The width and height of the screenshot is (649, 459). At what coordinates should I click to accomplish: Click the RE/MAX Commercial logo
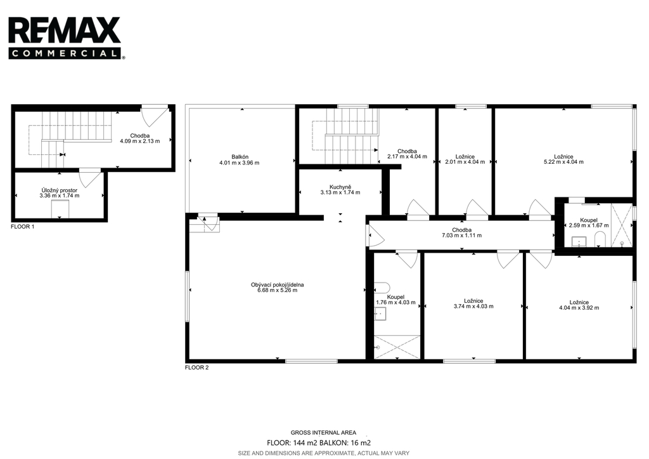[66, 37]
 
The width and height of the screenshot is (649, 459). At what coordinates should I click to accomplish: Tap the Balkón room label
[240, 157]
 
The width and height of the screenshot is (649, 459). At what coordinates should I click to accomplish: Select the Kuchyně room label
[340, 187]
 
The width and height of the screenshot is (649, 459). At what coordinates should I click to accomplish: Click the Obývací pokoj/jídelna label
[278, 285]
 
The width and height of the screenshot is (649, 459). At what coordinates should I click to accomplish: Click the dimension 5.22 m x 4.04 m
[563, 162]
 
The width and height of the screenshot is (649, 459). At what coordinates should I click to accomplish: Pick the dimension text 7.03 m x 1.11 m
[461, 236]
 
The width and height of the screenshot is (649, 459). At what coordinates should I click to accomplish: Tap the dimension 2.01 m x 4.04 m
[465, 162]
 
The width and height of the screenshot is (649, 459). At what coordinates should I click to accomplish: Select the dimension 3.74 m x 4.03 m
[473, 307]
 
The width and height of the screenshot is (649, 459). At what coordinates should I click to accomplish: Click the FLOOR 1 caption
[23, 227]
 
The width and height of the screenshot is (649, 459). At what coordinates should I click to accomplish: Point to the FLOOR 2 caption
[196, 368]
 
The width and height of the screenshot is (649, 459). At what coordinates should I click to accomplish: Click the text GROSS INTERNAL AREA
[323, 432]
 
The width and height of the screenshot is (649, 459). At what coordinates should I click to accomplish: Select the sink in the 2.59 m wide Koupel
[579, 241]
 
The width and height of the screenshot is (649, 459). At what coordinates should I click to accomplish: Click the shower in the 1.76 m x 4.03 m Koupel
[397, 347]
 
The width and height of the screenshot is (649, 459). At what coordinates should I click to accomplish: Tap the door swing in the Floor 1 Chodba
[155, 117]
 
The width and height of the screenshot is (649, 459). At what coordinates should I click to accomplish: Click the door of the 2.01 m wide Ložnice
[477, 208]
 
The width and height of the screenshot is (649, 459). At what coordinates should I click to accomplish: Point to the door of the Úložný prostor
[90, 178]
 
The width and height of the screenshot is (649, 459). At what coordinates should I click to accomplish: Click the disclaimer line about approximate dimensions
[323, 453]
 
